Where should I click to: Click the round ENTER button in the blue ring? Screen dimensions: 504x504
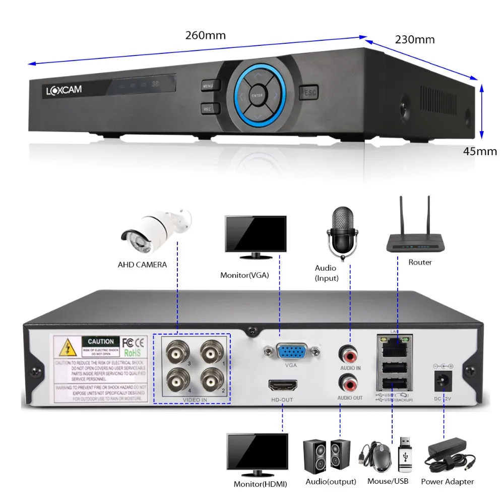[x=257, y=94]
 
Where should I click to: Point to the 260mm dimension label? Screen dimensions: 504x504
[x=206, y=35]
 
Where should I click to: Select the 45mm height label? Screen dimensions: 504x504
[x=480, y=151]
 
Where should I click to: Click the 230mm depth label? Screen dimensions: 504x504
[x=415, y=39]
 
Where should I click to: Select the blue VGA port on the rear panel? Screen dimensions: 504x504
[x=291, y=351]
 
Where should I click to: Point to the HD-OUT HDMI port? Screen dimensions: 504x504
[x=283, y=387]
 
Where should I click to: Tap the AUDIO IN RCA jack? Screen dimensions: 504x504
[x=350, y=353]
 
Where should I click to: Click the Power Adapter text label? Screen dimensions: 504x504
[x=448, y=481]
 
